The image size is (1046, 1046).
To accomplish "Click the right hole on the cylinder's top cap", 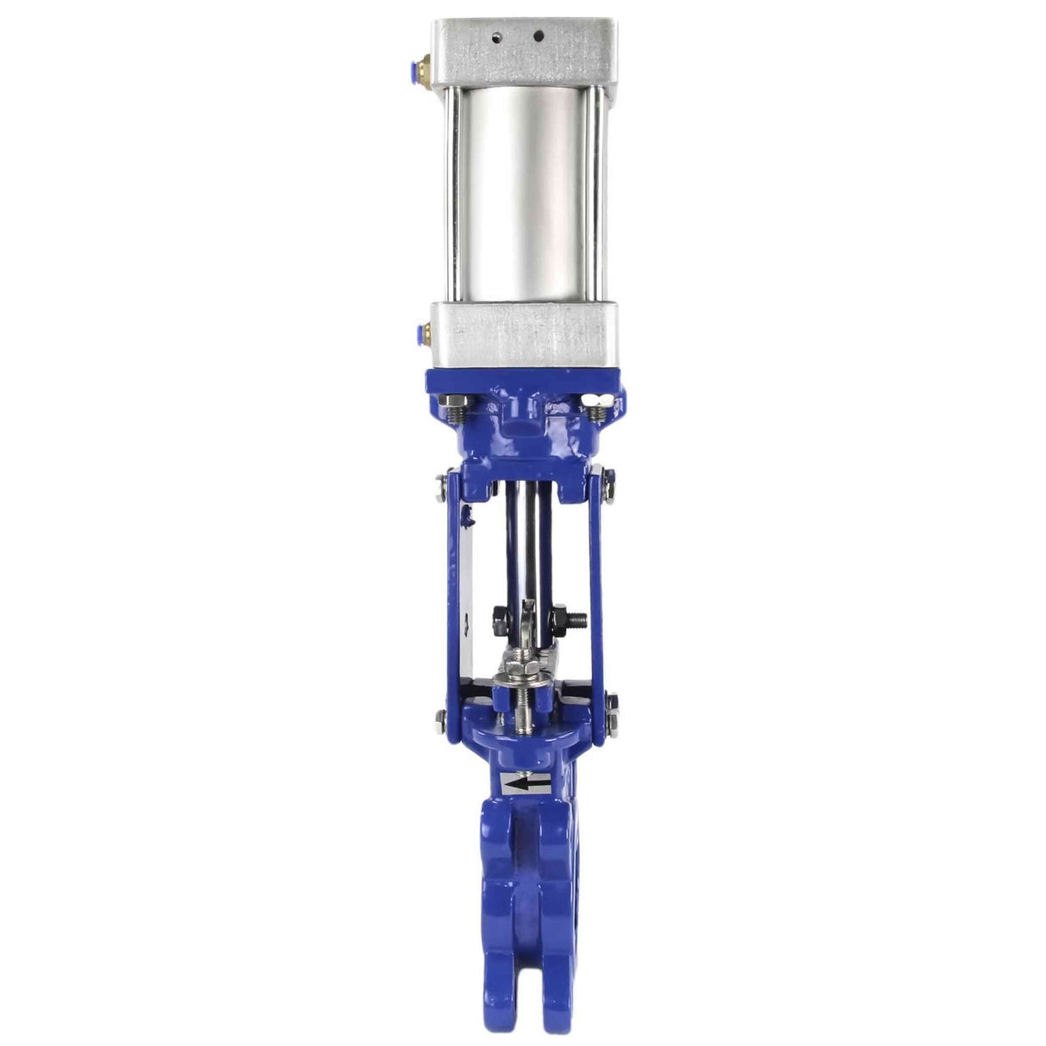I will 539,37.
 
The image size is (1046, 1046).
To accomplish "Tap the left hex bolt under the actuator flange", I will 453,402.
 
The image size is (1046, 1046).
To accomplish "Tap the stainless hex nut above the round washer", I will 521,668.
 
